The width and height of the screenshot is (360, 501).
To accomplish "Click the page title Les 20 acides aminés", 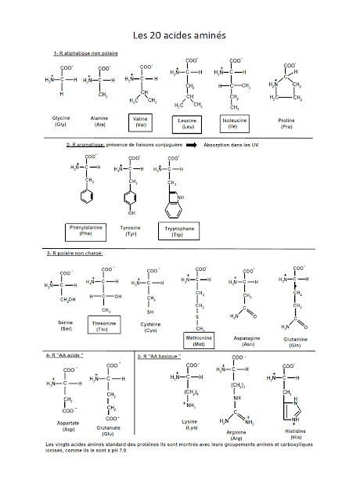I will (x=180, y=35).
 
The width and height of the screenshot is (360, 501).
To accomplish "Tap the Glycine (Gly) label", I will (x=60, y=121).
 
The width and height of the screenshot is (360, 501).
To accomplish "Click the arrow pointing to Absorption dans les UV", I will (x=187, y=146).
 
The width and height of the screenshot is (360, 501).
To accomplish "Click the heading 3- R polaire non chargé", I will (x=79, y=254).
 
